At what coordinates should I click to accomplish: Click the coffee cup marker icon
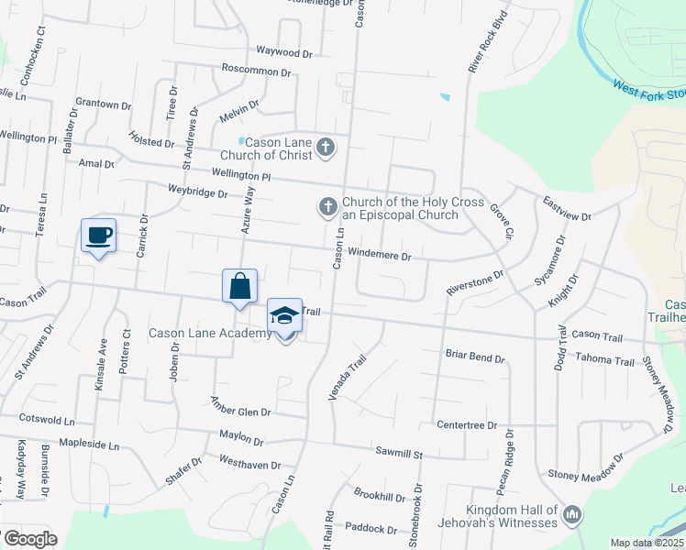pos(98,236)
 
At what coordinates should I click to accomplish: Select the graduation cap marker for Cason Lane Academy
pos(285,316)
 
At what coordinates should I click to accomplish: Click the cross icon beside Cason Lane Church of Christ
pos(325,148)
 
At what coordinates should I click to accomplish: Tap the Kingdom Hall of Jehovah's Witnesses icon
pos(572,515)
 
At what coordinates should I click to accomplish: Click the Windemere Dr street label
pos(381,256)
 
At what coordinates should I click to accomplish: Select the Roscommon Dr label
pos(256,71)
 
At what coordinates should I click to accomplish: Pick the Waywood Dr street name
pos(260,51)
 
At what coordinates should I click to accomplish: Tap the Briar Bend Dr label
pos(475,356)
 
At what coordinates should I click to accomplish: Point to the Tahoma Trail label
pos(606,361)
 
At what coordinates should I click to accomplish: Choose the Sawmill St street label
pos(398,452)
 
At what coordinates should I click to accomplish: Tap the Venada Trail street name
pos(347,378)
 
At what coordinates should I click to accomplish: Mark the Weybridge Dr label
pos(197,192)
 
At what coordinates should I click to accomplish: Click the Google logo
pos(30,538)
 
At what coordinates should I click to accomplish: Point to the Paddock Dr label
pos(371,529)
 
